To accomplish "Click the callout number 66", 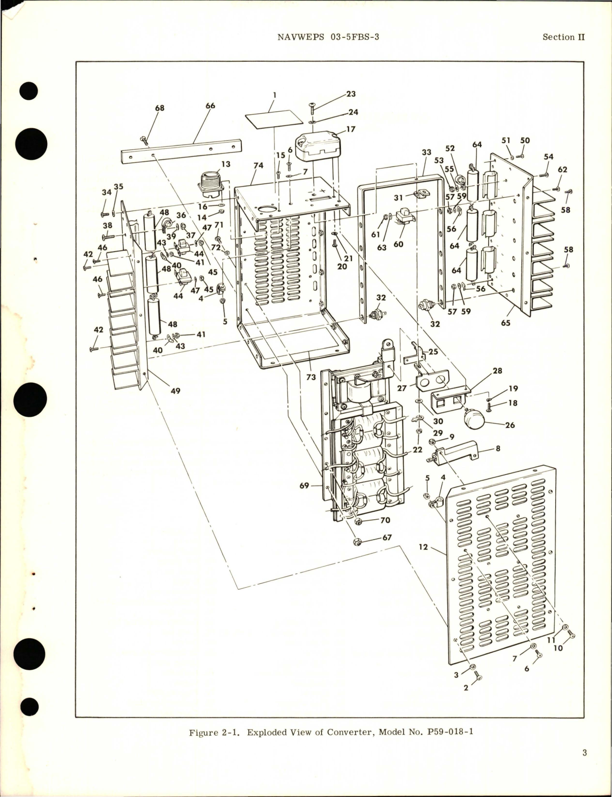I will click(x=210, y=105).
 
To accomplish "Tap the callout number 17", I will click(x=351, y=129).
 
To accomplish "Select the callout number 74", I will click(x=258, y=166).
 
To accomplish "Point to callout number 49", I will click(x=175, y=390).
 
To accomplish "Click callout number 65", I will click(x=506, y=322).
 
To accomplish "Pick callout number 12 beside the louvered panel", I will click(x=423, y=547).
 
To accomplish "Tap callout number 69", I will click(x=304, y=485).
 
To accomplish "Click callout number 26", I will click(x=510, y=425).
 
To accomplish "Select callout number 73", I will click(x=311, y=377).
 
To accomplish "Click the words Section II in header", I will click(x=563, y=37).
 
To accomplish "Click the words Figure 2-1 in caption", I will click(x=216, y=732).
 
